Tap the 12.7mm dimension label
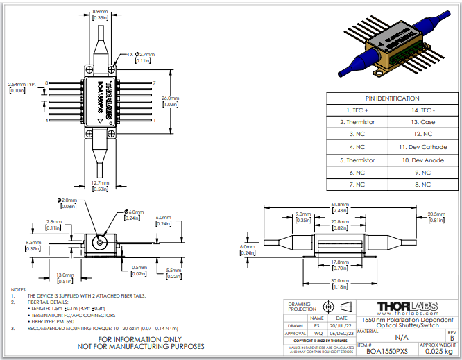(99, 182)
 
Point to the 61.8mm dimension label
(339, 204)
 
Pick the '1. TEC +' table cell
(357, 110)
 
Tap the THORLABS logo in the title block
(407, 307)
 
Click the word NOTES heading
(19, 289)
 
